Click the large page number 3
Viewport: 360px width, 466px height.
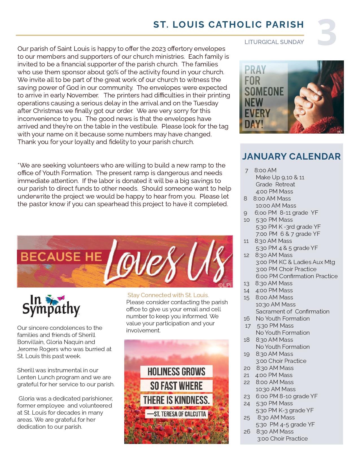click(327, 32)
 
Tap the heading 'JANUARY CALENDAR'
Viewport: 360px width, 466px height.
click(291, 156)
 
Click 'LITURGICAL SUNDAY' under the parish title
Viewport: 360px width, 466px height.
click(274, 42)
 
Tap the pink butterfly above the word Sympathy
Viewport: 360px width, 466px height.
click(61, 298)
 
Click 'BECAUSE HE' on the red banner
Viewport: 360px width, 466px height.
click(61, 257)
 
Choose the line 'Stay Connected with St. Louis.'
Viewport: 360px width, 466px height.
click(168, 295)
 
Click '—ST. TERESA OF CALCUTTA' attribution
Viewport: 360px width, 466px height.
click(176, 414)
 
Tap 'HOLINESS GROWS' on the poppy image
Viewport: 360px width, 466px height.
click(176, 371)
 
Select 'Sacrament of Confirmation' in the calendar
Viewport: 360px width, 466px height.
click(293, 312)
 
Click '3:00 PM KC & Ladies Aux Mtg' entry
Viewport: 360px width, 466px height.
click(295, 262)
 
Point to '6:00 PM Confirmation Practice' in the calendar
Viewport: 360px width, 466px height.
click(296, 276)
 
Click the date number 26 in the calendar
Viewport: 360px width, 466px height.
click(247, 432)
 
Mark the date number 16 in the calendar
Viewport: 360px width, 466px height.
click(247, 319)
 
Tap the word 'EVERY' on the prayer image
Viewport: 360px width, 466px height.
click(257, 113)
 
